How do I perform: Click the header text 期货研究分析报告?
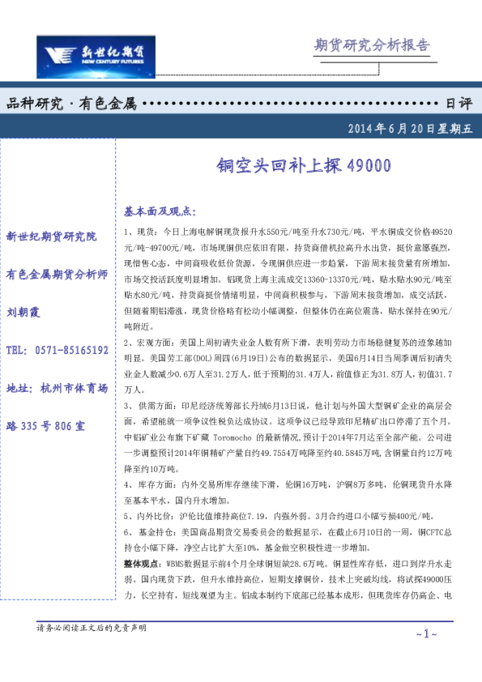point(370,45)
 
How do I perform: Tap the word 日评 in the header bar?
point(459,104)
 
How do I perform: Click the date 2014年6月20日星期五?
point(409,127)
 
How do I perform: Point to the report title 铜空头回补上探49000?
point(303,166)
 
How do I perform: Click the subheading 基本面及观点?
point(160,211)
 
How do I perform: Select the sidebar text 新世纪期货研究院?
point(51,237)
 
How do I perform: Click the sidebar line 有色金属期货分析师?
point(57,274)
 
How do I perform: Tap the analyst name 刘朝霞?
point(23,312)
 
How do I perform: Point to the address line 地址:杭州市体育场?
point(56,388)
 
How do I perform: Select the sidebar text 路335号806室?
point(45,425)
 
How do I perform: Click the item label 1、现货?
point(139,232)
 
